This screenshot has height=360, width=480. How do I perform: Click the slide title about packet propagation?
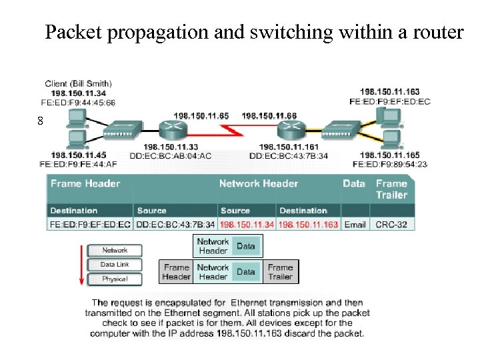[x=253, y=31]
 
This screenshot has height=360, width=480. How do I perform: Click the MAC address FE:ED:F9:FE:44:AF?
[x=78, y=164]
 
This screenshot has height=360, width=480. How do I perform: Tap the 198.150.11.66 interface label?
[x=269, y=116]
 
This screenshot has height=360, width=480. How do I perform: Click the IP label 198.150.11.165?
[x=390, y=155]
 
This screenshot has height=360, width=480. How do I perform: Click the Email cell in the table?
[x=355, y=225]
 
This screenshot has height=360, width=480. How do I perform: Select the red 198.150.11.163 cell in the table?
[x=309, y=225]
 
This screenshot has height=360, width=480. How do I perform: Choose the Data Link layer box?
[x=115, y=265]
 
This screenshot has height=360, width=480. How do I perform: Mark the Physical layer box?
[x=115, y=279]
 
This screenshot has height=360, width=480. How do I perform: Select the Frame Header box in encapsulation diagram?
[x=177, y=272]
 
